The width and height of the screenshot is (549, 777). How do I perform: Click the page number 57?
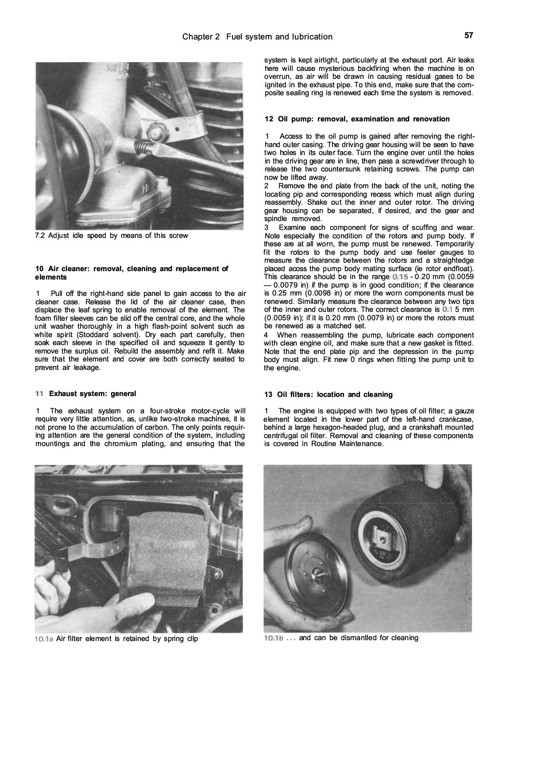[x=469, y=35]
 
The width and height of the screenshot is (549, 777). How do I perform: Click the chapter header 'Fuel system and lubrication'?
[x=279, y=37]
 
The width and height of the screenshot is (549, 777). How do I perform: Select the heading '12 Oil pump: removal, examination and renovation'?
[x=357, y=119]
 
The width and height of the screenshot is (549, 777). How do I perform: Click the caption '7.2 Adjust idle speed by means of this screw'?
[x=112, y=236]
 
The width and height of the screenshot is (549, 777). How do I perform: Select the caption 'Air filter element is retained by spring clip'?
[x=127, y=639]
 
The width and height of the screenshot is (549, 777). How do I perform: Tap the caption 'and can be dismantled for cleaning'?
[x=358, y=638]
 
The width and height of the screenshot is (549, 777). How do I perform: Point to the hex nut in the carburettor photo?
[x=158, y=132]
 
